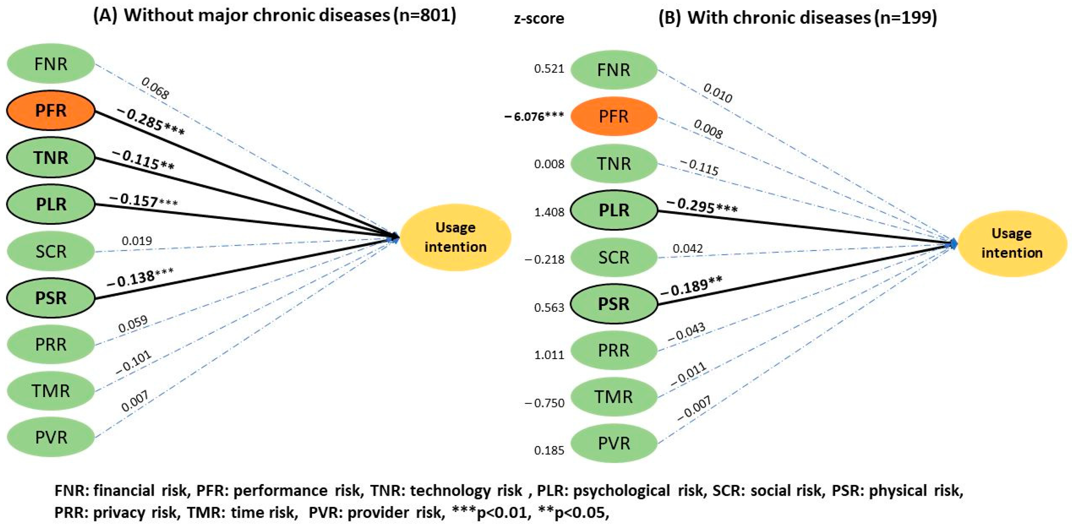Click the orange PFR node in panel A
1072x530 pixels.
(x=51, y=111)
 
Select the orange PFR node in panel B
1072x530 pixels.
(x=613, y=117)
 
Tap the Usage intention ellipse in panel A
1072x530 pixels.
(x=455, y=238)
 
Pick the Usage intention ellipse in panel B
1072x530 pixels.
(x=1012, y=244)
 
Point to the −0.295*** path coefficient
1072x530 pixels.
(x=702, y=206)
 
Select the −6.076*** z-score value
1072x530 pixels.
(x=534, y=117)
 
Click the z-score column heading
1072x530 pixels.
(x=539, y=19)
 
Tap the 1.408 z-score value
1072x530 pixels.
(x=549, y=212)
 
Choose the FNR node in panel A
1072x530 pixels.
(x=51, y=64)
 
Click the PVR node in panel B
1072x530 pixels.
(x=613, y=443)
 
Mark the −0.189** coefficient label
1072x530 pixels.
(x=691, y=286)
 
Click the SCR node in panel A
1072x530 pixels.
(x=51, y=251)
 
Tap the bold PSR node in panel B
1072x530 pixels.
(x=613, y=304)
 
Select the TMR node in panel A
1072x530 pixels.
(x=51, y=391)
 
